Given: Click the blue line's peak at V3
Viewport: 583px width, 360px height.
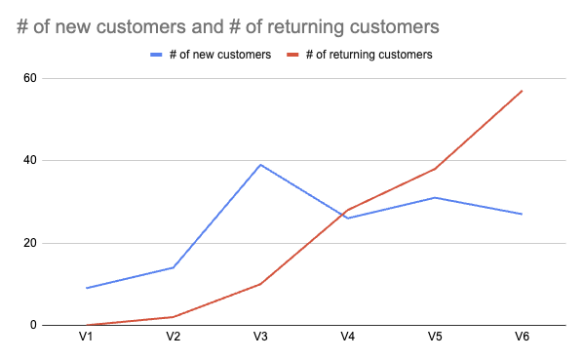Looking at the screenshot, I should pyautogui.click(x=260, y=165).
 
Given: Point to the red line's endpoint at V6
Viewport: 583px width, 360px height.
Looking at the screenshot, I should pyautogui.click(x=522, y=91).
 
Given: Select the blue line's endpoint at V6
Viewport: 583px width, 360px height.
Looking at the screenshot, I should pyautogui.click(x=522, y=214).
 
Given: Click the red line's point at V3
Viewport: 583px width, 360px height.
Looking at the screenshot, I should pyautogui.click(x=260, y=284).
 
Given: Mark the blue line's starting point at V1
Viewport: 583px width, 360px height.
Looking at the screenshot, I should pyautogui.click(x=87, y=288).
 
